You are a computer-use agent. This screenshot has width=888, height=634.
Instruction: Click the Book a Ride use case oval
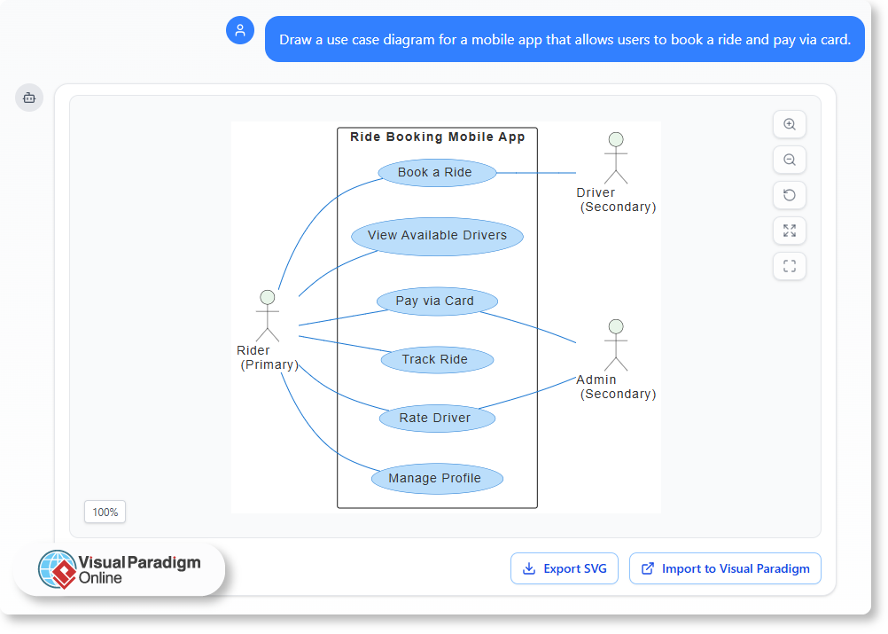(436, 173)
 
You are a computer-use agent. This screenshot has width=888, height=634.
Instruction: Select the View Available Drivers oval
(437, 236)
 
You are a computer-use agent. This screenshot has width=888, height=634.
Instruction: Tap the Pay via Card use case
(435, 301)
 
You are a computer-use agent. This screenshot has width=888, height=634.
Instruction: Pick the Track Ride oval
(435, 360)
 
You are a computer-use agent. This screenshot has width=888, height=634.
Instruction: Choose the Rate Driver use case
(435, 419)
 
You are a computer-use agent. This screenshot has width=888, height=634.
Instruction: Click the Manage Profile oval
(435, 479)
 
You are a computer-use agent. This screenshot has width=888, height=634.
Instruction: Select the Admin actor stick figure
(616, 345)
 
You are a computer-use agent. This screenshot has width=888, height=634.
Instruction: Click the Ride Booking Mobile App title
(437, 137)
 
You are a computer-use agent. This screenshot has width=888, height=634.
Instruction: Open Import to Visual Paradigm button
(725, 568)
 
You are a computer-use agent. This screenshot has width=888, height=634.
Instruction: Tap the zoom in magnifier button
(790, 125)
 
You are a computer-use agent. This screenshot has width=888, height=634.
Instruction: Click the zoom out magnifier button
(790, 160)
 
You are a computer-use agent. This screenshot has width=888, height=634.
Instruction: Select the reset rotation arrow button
(790, 196)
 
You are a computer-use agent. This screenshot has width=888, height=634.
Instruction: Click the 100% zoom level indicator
(105, 513)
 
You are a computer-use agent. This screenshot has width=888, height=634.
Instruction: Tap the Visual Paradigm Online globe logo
(58, 569)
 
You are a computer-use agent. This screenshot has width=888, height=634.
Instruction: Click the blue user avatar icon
(240, 30)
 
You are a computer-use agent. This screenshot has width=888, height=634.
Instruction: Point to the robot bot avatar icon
(29, 98)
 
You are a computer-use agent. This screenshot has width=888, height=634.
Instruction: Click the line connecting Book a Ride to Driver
(536, 173)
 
